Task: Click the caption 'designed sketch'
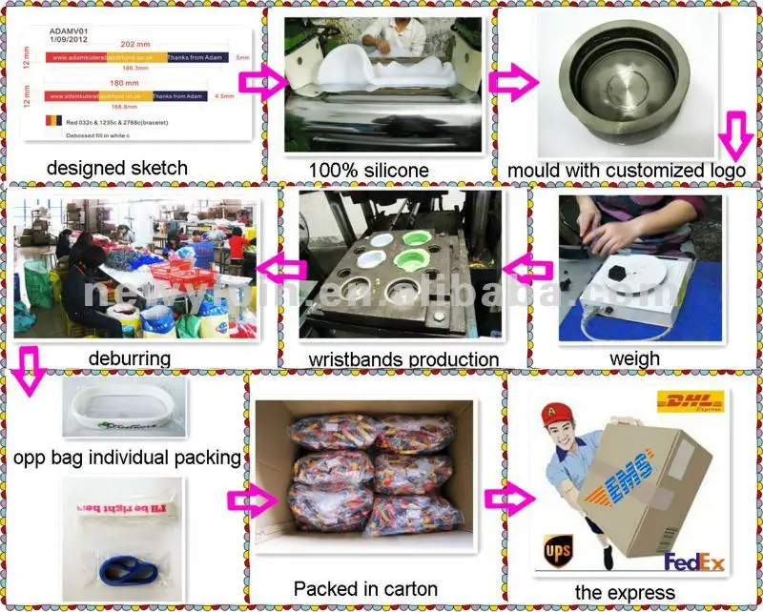click(x=118, y=168)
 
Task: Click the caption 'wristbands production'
click(x=403, y=359)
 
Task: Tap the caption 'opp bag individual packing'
click(x=127, y=458)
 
